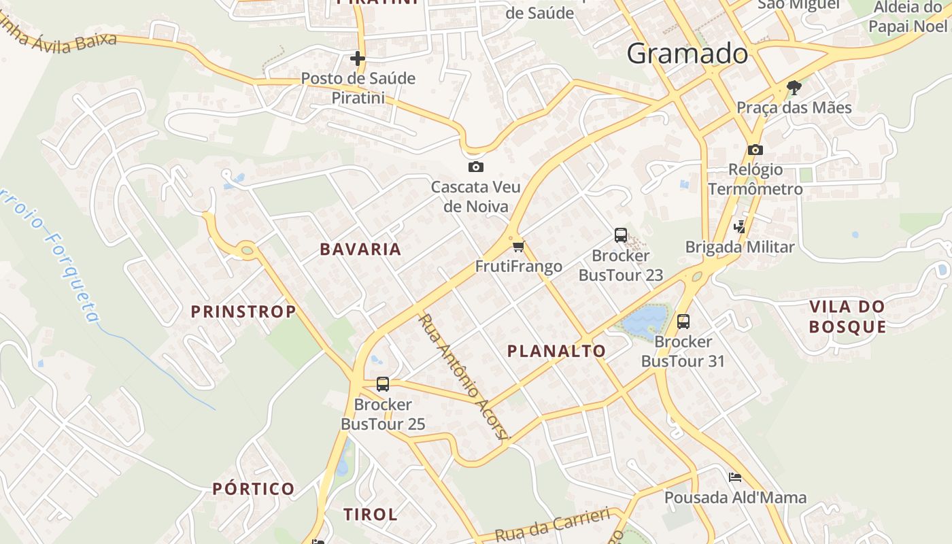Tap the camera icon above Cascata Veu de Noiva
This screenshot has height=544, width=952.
(x=475, y=167)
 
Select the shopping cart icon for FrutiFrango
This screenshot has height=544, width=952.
(x=519, y=245)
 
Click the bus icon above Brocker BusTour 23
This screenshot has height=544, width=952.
(x=620, y=235)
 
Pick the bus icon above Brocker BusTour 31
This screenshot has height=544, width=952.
(x=683, y=321)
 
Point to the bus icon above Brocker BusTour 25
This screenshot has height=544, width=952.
(x=383, y=384)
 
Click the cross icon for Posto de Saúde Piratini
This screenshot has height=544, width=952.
(x=357, y=58)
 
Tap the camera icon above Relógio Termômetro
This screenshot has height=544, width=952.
(x=755, y=150)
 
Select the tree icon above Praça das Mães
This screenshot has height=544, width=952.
(x=793, y=87)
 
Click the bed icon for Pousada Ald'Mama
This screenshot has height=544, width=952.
(x=735, y=477)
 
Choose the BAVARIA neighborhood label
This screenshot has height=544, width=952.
(x=360, y=250)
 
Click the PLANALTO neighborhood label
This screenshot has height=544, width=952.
(x=556, y=351)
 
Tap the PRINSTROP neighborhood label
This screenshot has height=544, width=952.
(x=243, y=312)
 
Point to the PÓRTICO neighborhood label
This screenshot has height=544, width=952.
(x=253, y=489)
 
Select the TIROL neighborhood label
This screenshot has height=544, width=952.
(x=370, y=515)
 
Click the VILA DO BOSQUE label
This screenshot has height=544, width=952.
(x=847, y=317)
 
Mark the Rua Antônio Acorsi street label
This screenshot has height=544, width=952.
(x=463, y=377)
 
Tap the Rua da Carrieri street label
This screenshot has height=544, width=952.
(x=552, y=525)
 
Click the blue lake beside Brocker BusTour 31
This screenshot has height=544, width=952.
(x=645, y=321)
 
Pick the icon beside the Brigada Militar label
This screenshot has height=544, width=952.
(x=740, y=226)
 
